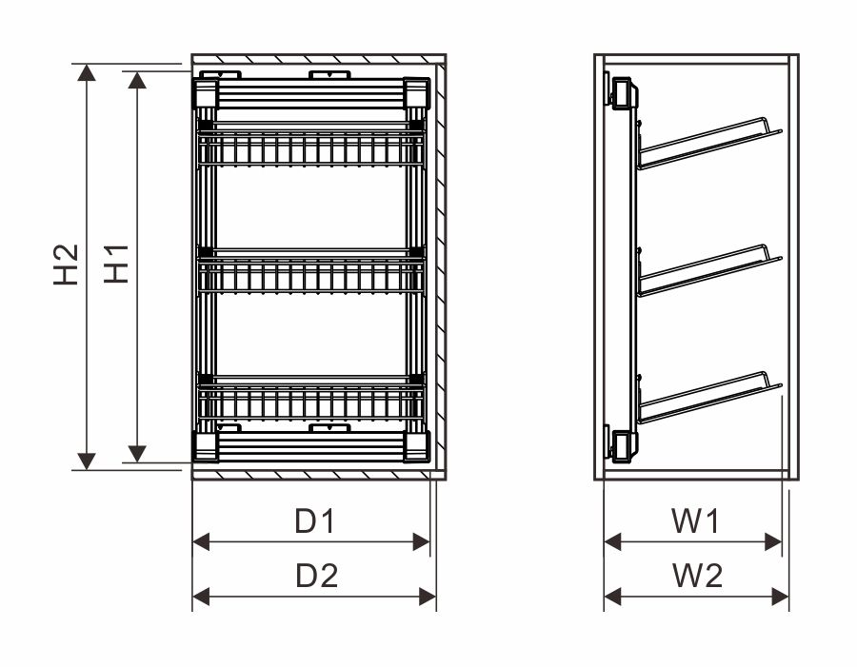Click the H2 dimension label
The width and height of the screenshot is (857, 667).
[66, 265]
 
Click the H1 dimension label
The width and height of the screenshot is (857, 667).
[116, 264]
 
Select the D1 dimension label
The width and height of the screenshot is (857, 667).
[314, 520]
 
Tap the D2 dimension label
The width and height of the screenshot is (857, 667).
[316, 576]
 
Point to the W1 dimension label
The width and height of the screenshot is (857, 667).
[696, 520]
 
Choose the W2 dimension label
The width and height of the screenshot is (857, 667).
[697, 576]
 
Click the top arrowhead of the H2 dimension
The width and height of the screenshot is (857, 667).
[87, 72]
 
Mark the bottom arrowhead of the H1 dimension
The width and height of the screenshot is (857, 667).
[137, 454]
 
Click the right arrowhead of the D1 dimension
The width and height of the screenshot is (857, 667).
[422, 542]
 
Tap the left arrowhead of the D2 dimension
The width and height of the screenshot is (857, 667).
[201, 597]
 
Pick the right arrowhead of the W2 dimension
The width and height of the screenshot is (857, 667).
[781, 597]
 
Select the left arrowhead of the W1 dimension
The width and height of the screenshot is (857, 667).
[612, 542]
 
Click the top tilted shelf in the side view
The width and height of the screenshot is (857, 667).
[710, 143]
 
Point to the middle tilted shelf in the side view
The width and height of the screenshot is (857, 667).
[710, 270]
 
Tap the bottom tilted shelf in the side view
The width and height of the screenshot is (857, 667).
[710, 398]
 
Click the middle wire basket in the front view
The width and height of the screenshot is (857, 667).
[311, 270]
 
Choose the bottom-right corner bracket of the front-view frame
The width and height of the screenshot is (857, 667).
[417, 447]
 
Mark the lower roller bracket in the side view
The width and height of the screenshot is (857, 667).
[620, 444]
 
